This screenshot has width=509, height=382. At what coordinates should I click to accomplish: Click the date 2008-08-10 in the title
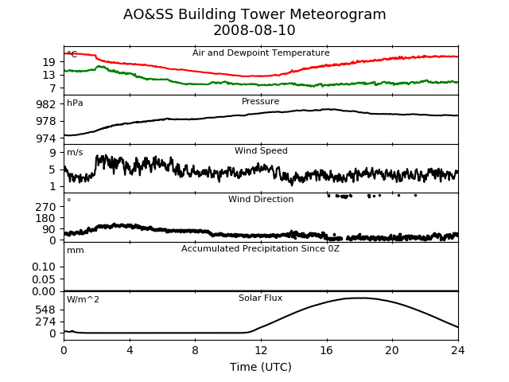[254, 30]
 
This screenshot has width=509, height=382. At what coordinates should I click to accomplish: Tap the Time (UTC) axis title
[261, 367]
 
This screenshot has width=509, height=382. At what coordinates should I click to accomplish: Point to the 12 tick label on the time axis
[261, 350]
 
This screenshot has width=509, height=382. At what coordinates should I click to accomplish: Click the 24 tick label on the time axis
[458, 350]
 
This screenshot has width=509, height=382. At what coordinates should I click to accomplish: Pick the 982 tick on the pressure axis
[46, 104]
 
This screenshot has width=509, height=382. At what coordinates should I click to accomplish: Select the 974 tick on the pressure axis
[46, 138]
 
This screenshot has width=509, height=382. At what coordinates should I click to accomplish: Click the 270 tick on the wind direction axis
[46, 207]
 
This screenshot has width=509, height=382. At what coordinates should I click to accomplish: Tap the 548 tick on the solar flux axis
[46, 310]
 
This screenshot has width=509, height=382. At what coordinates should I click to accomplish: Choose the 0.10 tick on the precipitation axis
[44, 267]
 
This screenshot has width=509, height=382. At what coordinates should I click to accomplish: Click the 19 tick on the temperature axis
[49, 62]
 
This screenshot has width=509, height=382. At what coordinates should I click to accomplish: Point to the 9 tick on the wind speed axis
[52, 152]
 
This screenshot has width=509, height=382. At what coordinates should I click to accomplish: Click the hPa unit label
[75, 103]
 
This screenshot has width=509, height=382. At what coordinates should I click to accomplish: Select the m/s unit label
[75, 152]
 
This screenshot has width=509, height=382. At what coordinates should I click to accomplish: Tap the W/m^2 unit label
[83, 299]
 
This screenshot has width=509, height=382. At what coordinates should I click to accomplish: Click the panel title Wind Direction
[261, 199]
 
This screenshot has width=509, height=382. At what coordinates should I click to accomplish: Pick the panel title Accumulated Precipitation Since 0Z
[260, 248]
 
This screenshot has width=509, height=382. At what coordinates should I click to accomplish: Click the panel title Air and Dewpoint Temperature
[261, 53]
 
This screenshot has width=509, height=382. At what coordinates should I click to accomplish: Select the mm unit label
[76, 251]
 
